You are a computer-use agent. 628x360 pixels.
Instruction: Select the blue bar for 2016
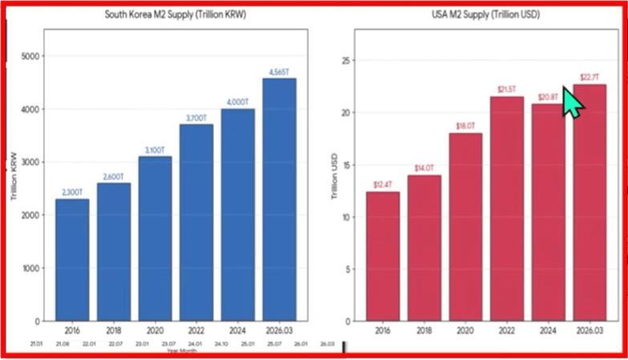[72, 260]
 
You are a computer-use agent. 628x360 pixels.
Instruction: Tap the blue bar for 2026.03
[279, 200]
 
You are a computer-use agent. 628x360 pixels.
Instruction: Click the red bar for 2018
[423, 248]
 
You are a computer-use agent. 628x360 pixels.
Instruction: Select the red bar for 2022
[507, 208]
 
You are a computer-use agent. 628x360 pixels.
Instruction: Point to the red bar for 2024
[549, 212]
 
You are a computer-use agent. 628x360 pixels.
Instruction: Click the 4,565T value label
[280, 72]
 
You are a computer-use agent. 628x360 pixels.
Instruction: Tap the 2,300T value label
[72, 192]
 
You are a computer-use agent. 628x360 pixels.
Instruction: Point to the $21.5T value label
[507, 90]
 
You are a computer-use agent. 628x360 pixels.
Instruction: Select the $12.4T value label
[383, 185]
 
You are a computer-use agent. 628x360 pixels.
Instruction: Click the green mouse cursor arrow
[571, 103]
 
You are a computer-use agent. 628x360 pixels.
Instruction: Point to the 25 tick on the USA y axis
[346, 60]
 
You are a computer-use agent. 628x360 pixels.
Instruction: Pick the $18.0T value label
[465, 126]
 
